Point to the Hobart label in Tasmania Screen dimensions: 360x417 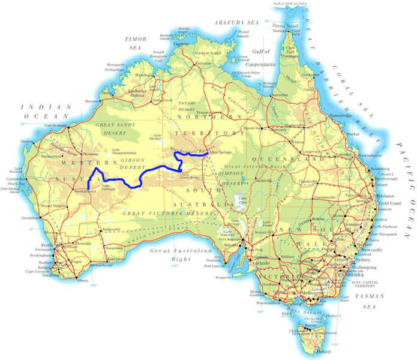[x=325, y=351]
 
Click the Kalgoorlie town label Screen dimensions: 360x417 [x=112, y=229]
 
